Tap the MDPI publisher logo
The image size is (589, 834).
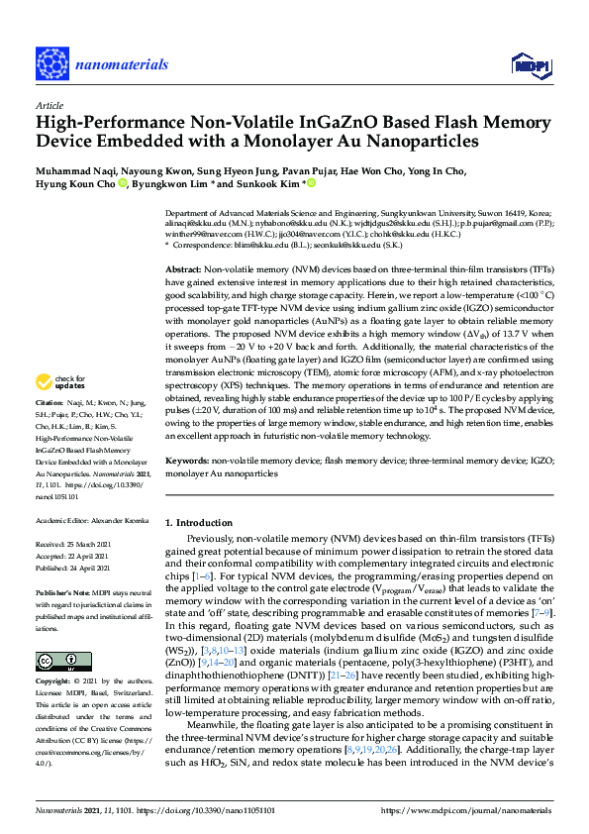point(531,65)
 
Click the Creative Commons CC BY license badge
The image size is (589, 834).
point(56,661)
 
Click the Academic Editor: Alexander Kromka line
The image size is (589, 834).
point(91,519)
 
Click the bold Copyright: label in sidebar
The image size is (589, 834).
point(53,682)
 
